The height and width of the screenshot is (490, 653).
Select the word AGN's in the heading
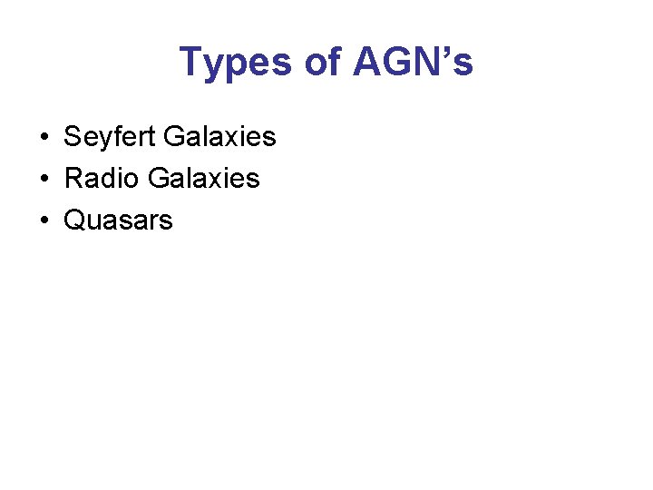(x=413, y=63)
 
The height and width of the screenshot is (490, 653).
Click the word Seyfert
(x=110, y=138)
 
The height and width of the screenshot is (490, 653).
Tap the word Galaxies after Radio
(x=203, y=179)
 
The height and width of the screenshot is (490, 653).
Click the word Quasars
(x=118, y=220)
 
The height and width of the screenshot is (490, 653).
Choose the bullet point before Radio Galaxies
(x=44, y=180)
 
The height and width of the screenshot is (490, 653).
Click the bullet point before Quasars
(x=44, y=220)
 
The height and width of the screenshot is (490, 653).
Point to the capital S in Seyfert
(x=73, y=138)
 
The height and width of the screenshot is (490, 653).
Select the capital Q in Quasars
(x=74, y=220)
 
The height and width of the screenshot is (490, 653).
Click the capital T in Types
(x=191, y=63)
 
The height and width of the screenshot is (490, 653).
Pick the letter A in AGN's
(x=368, y=63)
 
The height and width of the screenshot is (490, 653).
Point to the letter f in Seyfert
(x=121, y=137)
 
